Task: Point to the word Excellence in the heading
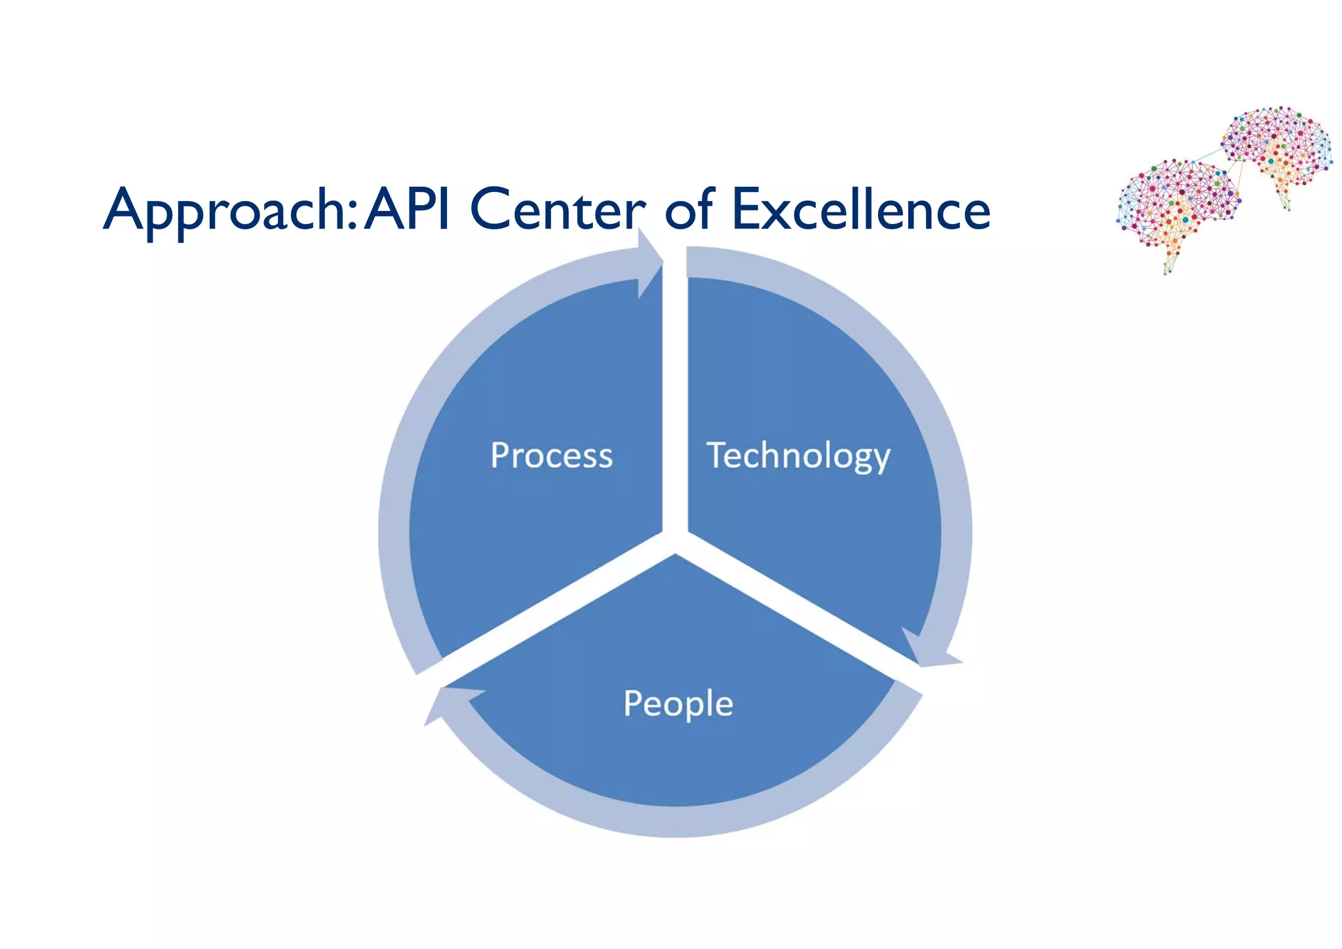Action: (x=860, y=210)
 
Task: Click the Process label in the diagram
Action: (x=552, y=455)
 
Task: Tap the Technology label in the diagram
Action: (x=798, y=455)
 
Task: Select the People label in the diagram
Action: (x=678, y=704)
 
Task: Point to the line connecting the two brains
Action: (x=1206, y=157)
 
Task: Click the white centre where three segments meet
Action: (x=675, y=539)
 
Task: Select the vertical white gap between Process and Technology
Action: (x=675, y=393)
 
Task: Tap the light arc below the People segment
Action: (x=675, y=822)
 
